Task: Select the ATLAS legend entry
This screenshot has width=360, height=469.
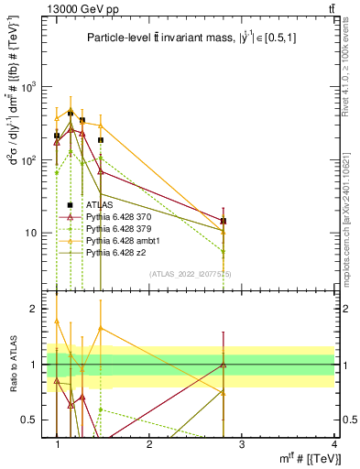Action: (99, 205)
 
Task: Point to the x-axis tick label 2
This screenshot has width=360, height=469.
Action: (149, 444)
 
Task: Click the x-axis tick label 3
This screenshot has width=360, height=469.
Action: (242, 444)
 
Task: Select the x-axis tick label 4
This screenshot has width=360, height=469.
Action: (333, 444)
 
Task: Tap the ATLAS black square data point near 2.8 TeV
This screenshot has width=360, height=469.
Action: (224, 221)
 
